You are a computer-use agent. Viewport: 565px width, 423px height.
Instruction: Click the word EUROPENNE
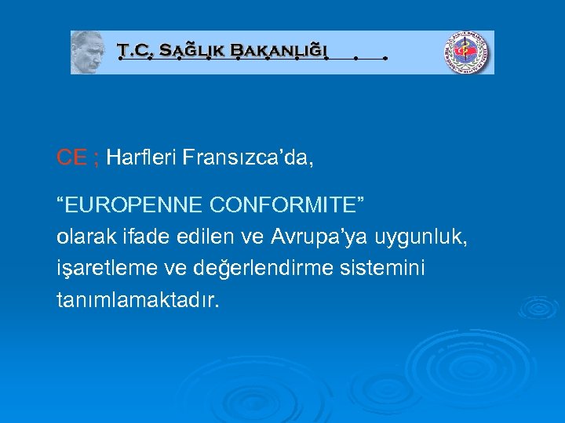pos(133,205)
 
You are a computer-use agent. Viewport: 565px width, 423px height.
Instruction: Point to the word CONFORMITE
pos(286,205)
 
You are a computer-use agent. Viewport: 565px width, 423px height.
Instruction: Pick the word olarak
pos(80,237)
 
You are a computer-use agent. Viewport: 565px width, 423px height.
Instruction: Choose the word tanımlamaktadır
pos(138,300)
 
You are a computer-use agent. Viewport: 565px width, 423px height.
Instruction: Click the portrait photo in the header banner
pos(88,52)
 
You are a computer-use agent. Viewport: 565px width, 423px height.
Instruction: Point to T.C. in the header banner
pos(136,52)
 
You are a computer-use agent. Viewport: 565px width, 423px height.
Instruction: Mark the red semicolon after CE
pos(96,158)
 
